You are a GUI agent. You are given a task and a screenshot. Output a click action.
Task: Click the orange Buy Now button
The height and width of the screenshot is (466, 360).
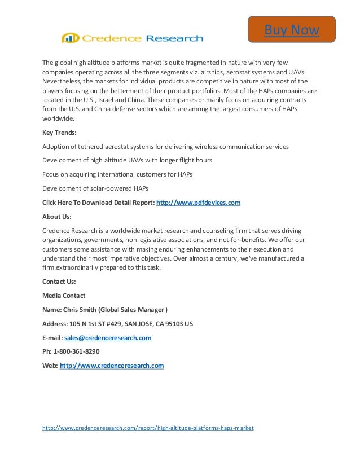[292, 29]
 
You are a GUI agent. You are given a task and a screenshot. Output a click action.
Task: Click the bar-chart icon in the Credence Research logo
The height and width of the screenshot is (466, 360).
[71, 38]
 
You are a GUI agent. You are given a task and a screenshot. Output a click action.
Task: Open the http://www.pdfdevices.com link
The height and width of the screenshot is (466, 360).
[198, 202]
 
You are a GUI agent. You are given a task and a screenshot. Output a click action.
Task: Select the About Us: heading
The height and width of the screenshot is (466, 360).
[56, 216]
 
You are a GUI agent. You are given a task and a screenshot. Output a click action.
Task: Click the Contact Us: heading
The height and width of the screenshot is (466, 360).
[59, 281]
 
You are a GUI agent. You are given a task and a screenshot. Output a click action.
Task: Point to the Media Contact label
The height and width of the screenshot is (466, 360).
[64, 295]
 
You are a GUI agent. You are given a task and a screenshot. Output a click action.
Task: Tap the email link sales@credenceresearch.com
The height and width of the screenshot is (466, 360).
[108, 338]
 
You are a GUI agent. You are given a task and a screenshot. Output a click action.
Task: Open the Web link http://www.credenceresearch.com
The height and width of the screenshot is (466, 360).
[112, 366]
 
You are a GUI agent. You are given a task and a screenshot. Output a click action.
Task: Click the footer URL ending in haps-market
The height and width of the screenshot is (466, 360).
[148, 428]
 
